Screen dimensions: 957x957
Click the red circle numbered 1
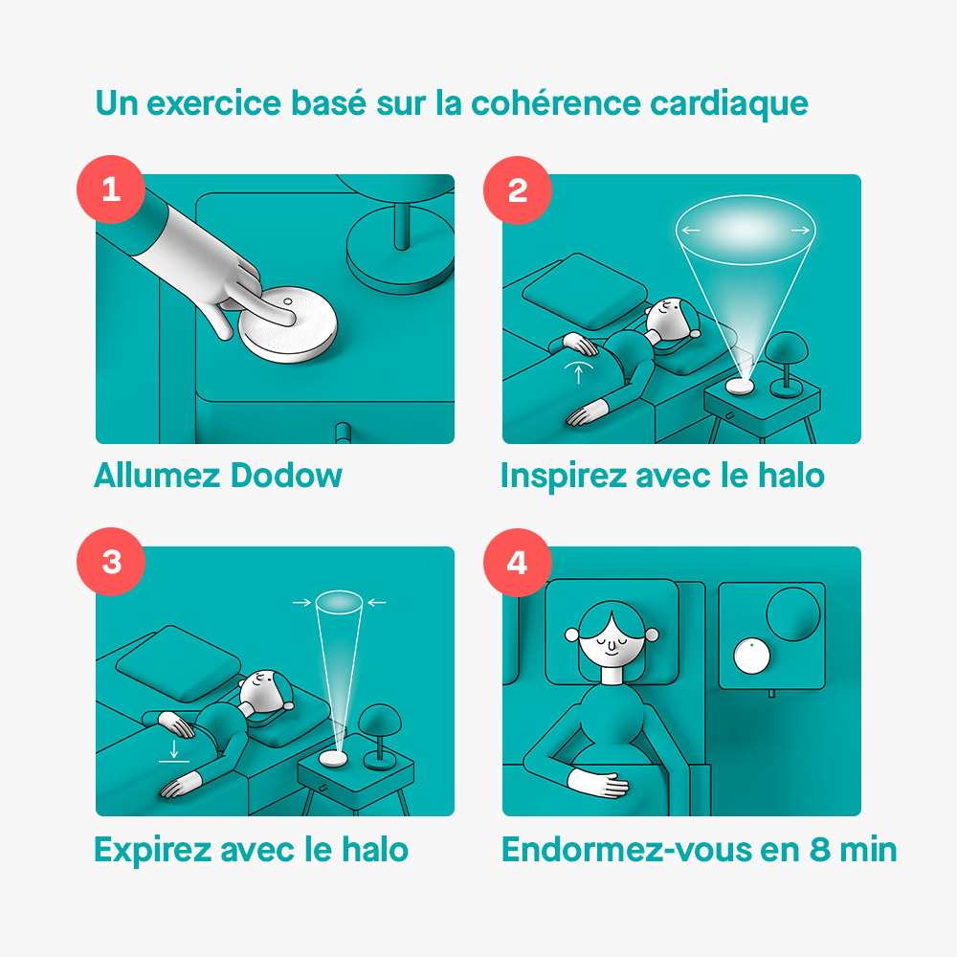[111, 189]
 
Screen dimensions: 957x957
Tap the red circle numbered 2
[518, 189]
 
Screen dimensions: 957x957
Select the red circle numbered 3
[111, 561]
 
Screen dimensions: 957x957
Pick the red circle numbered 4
[518, 561]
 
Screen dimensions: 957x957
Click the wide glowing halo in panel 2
[745, 231]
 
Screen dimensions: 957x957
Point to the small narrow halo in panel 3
[339, 603]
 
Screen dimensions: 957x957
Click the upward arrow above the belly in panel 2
[578, 371]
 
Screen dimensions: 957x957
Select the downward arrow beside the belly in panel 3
[173, 746]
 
